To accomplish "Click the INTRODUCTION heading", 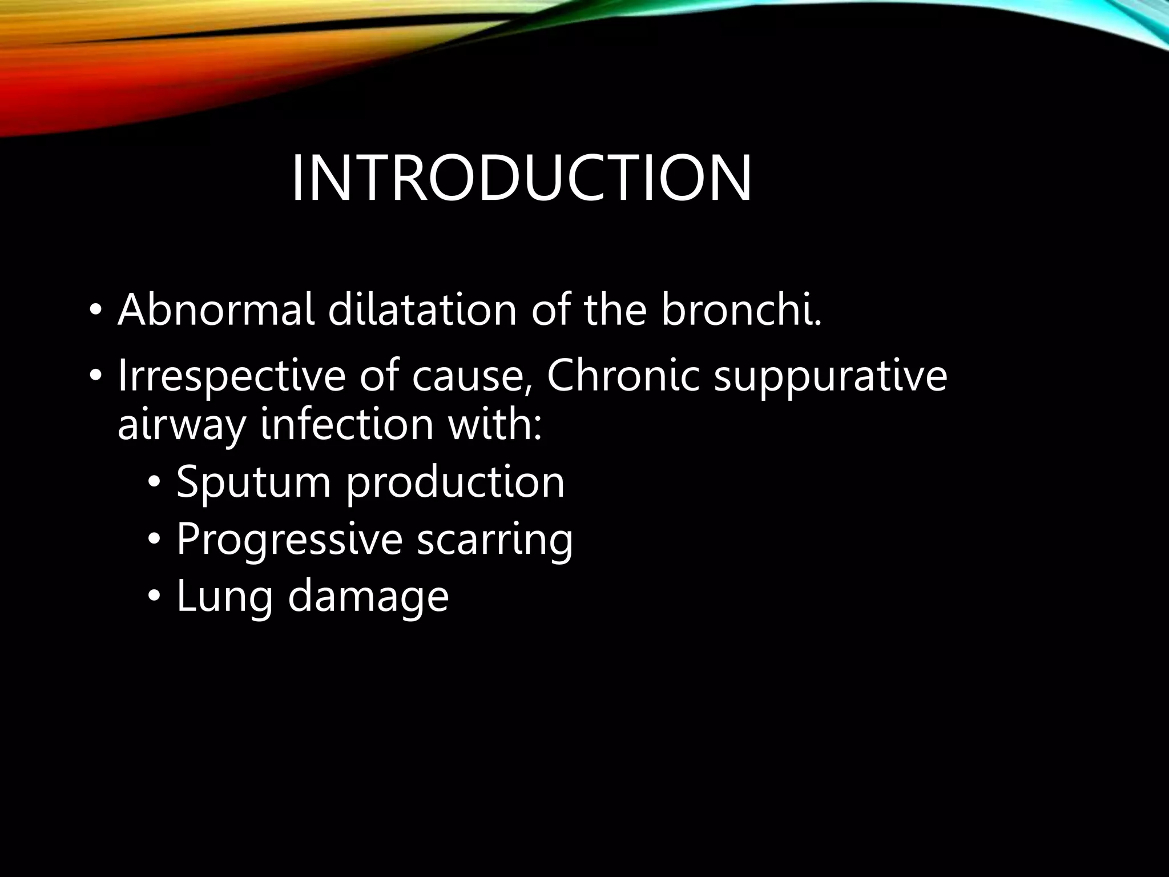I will pyautogui.click(x=521, y=178).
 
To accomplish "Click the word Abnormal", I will pyautogui.click(x=216, y=309).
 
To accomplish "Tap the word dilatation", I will pyautogui.click(x=422, y=309).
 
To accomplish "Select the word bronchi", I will pyautogui.click(x=741, y=309).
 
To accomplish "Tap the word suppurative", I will pyautogui.click(x=831, y=377).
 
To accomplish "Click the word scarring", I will pyautogui.click(x=494, y=540).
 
